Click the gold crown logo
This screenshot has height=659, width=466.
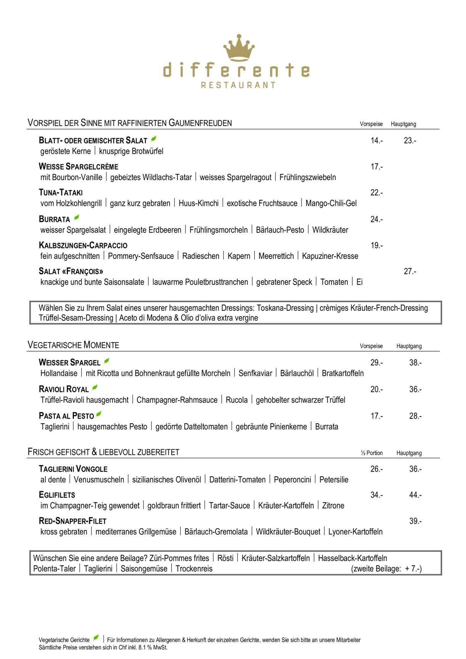[x=239, y=47]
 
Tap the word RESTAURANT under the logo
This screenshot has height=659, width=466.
[x=238, y=85]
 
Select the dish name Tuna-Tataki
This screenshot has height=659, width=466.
[x=61, y=193]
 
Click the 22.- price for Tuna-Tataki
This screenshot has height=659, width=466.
[x=376, y=193]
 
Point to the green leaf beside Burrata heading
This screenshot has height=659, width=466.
[x=77, y=218]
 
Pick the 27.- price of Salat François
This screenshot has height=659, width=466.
[x=410, y=271]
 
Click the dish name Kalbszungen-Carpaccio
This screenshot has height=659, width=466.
[x=83, y=245]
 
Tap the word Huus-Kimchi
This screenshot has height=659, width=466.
[x=199, y=203]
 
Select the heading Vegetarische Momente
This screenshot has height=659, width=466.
[x=73, y=345]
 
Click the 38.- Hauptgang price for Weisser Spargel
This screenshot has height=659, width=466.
[x=415, y=363]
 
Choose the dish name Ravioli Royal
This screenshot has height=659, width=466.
[x=64, y=389]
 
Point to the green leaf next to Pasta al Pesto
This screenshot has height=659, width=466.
[x=99, y=414]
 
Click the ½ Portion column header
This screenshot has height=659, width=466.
[x=371, y=453]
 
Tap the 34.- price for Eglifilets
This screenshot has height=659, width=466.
[x=376, y=495]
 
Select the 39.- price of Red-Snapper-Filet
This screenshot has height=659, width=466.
[x=415, y=521]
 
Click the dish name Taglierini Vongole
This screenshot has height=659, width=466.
[x=73, y=469]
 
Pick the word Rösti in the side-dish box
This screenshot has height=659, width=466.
[x=225, y=558]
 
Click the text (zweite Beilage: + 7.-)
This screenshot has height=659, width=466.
[x=386, y=569]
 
